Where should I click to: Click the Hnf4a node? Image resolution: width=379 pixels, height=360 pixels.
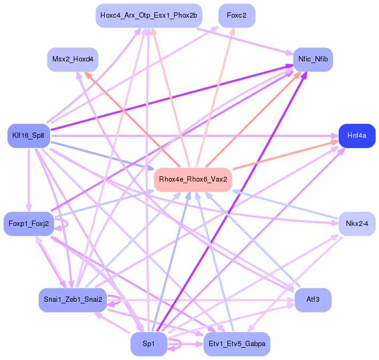pos(357,136)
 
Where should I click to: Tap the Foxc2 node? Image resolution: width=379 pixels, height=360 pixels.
pos(236,15)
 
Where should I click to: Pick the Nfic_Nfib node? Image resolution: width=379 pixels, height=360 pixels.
pos(313,59)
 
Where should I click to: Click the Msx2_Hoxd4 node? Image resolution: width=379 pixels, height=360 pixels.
pos(73,59)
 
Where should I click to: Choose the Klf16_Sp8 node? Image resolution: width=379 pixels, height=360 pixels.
pos(29,136)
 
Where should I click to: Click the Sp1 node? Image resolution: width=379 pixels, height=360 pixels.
pos(149,343)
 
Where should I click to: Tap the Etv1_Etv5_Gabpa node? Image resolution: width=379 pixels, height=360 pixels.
pos(236,343)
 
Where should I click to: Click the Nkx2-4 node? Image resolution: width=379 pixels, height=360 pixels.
pos(357,223)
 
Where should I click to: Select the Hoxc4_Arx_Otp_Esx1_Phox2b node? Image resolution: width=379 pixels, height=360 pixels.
pos(149,15)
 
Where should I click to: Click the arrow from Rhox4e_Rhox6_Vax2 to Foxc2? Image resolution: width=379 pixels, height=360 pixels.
pos(216,96)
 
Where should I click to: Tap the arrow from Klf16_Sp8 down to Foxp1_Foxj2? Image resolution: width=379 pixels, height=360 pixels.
pos(29,179)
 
